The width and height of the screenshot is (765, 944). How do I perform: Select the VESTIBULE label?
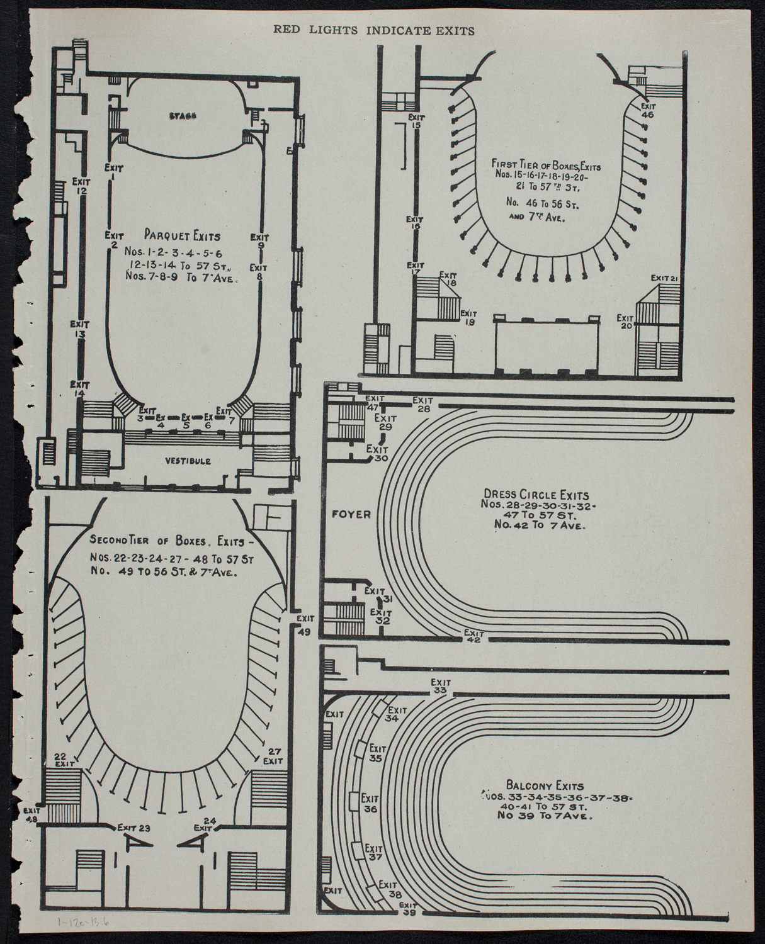[x=188, y=461]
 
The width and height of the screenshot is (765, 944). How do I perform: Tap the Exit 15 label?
[x=416, y=121]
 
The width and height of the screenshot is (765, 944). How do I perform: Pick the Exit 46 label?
[x=647, y=111]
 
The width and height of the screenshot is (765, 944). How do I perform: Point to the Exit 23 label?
[x=133, y=828]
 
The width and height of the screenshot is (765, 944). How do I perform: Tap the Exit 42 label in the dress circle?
[x=473, y=636]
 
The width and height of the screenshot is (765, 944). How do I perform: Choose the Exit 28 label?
[x=422, y=404]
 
